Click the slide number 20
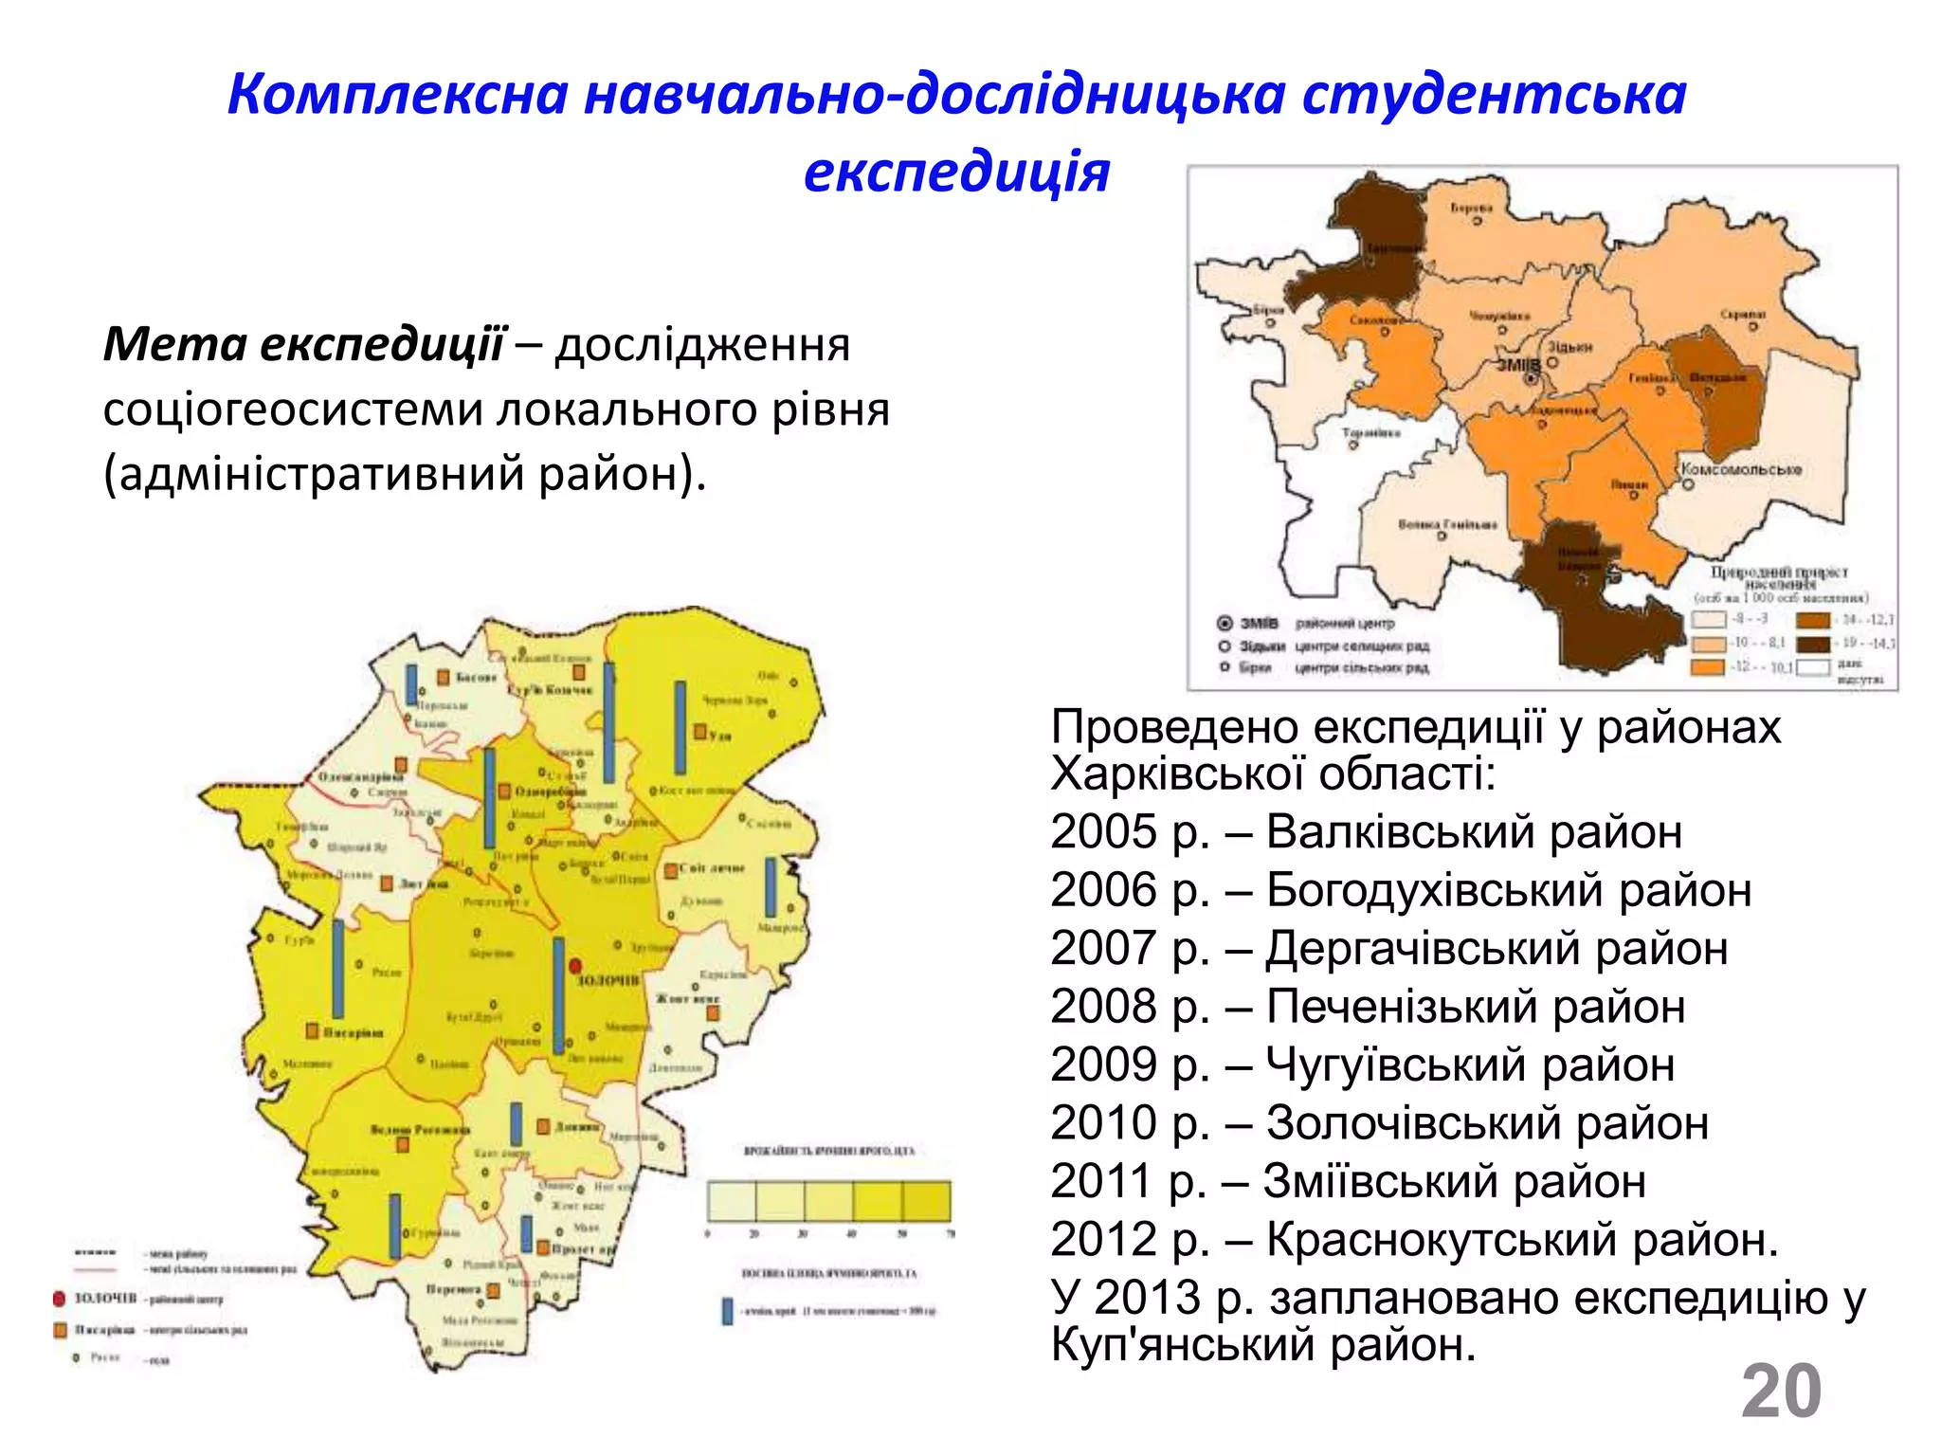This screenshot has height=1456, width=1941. [x=1781, y=1392]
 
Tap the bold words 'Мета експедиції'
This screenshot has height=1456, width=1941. [x=304, y=343]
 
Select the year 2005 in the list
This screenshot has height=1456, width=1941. [x=1104, y=832]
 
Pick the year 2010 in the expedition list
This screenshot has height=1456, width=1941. [x=1104, y=1123]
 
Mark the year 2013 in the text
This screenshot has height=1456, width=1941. [x=1147, y=1298]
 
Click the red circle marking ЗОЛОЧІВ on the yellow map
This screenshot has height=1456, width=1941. [x=574, y=965]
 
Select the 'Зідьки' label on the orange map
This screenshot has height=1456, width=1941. [x=1569, y=347]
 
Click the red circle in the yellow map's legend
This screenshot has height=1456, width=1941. [x=60, y=1298]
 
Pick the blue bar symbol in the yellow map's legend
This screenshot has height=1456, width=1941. [x=727, y=1311]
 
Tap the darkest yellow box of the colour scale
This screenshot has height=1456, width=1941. [x=926, y=1201]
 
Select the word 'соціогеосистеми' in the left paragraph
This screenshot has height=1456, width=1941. [x=293, y=409]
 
